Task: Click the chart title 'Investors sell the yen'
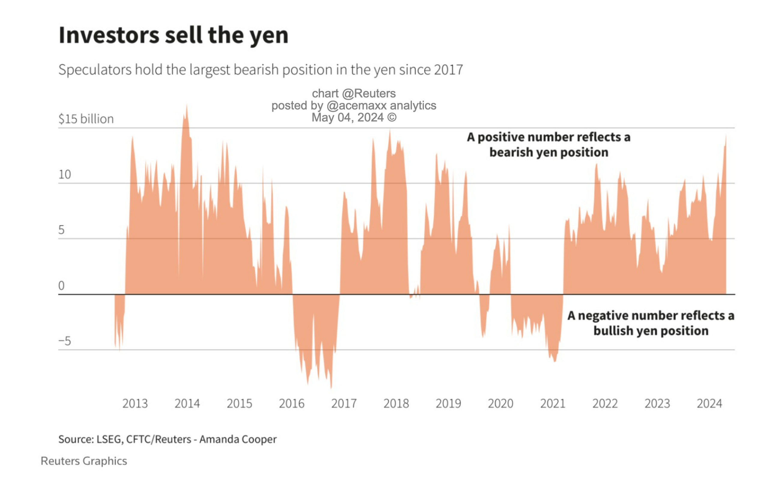pos(174,35)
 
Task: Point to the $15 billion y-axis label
pos(86,119)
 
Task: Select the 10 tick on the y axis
pos(65,175)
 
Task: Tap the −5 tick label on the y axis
pos(65,341)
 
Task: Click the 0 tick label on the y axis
pos(61,286)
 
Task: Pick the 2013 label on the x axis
pos(135,403)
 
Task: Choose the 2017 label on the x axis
pos(344,403)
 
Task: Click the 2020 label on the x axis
pos(500,403)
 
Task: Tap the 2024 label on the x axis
pos(709,403)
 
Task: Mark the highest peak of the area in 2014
pos(187,106)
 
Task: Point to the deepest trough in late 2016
pos(331,387)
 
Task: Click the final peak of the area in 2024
pos(726,136)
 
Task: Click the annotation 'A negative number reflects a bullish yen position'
pos(651,323)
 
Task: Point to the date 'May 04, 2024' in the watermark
pos(348,118)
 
